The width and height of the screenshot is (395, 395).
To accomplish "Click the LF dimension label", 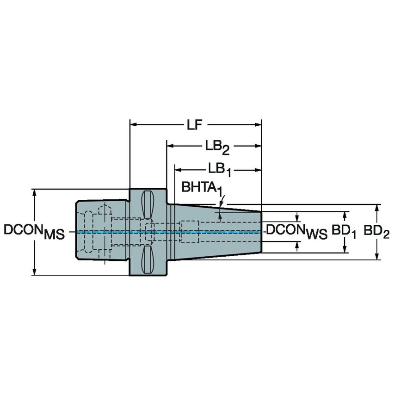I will click(x=195, y=125).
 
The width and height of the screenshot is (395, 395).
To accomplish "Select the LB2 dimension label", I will click(x=217, y=147).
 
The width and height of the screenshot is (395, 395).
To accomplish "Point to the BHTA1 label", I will click(x=200, y=187).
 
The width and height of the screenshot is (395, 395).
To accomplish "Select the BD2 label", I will click(x=376, y=230).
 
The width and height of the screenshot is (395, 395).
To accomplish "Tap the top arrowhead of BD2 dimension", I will click(x=378, y=208).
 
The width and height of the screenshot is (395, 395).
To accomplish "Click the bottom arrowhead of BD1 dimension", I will click(x=345, y=250).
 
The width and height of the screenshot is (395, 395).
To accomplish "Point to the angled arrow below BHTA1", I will click(x=221, y=201).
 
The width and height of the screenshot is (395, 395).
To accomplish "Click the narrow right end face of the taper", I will click(x=261, y=231).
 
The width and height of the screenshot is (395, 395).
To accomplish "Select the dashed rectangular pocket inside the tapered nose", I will click(x=189, y=232).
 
